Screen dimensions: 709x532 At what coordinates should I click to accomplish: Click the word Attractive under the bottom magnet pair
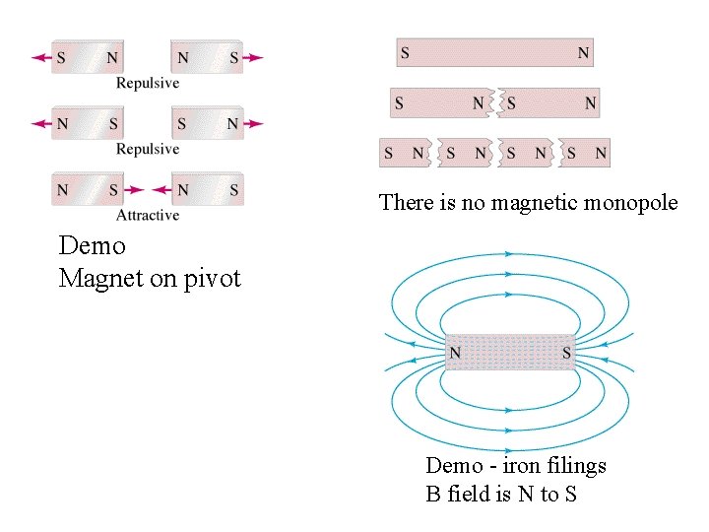pyautogui.click(x=148, y=215)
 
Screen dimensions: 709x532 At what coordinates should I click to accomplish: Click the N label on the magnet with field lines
pyautogui.click(x=456, y=352)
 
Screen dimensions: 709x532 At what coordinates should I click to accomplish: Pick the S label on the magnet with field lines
pyautogui.click(x=566, y=352)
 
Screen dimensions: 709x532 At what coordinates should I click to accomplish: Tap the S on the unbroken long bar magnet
pyautogui.click(x=406, y=52)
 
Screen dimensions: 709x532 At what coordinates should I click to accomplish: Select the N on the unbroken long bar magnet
pyautogui.click(x=584, y=52)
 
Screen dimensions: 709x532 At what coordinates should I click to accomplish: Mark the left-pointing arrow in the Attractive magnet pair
pyautogui.click(x=161, y=190)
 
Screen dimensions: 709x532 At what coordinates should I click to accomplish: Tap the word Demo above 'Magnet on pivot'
pyautogui.click(x=92, y=244)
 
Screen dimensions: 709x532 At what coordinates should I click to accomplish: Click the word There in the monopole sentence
pyautogui.click(x=406, y=203)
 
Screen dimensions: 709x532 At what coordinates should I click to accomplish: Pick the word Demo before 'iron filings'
pyautogui.click(x=455, y=465)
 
